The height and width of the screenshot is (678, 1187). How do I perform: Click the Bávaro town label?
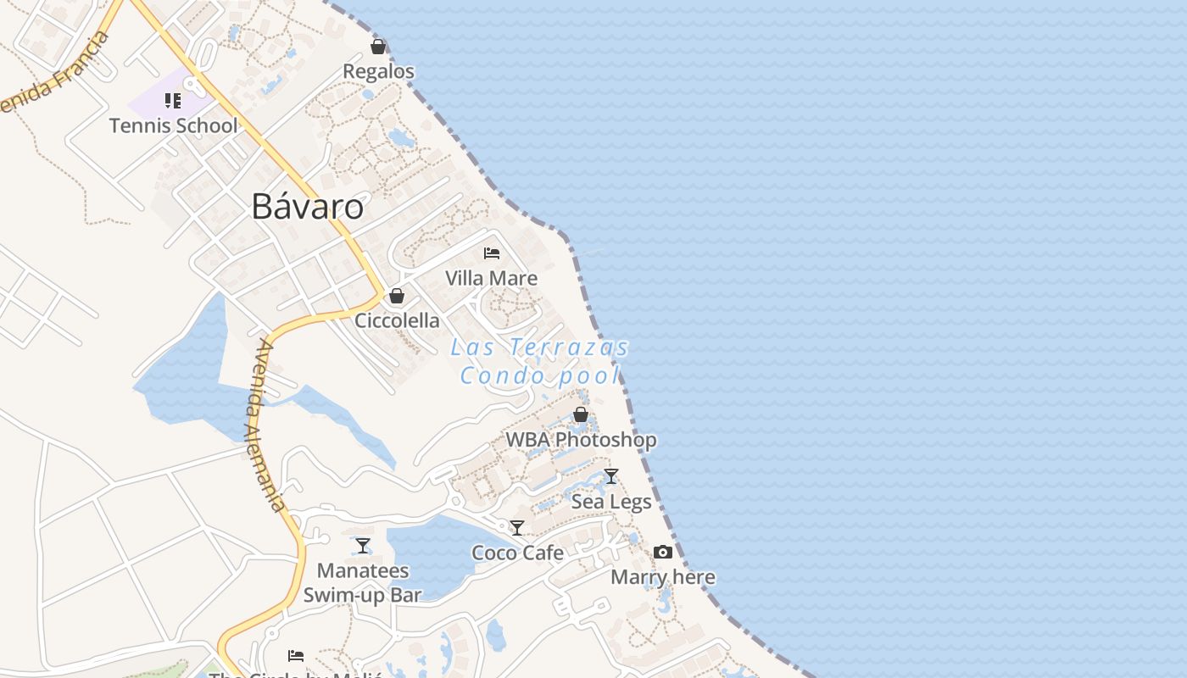tap(307, 207)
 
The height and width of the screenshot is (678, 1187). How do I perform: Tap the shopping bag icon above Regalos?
tap(378, 47)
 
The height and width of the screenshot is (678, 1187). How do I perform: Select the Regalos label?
tap(378, 71)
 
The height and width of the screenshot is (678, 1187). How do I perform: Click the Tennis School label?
tap(173, 126)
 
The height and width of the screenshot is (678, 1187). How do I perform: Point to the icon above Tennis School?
tap(173, 102)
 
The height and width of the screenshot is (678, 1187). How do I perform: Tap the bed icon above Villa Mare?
tap(491, 253)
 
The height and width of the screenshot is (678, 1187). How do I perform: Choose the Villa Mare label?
tap(491, 278)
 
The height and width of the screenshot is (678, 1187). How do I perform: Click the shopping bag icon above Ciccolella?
tap(396, 296)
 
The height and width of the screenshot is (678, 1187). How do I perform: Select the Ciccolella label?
tap(397, 320)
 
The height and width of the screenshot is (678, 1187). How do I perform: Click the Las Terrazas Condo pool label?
tap(540, 361)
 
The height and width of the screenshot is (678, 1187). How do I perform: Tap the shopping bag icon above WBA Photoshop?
tap(581, 414)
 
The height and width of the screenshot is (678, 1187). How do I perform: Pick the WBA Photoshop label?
tap(581, 440)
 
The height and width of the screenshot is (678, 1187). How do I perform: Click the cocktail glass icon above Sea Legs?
tap(610, 476)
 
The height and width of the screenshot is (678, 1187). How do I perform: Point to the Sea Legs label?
tap(611, 502)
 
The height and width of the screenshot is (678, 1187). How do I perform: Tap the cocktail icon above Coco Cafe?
tap(517, 528)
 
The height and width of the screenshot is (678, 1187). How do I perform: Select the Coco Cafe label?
tap(517, 553)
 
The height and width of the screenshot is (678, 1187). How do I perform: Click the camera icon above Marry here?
tap(663, 553)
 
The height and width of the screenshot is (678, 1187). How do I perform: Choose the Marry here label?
tap(663, 577)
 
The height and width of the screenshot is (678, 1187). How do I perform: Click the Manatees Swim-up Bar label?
tap(363, 583)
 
